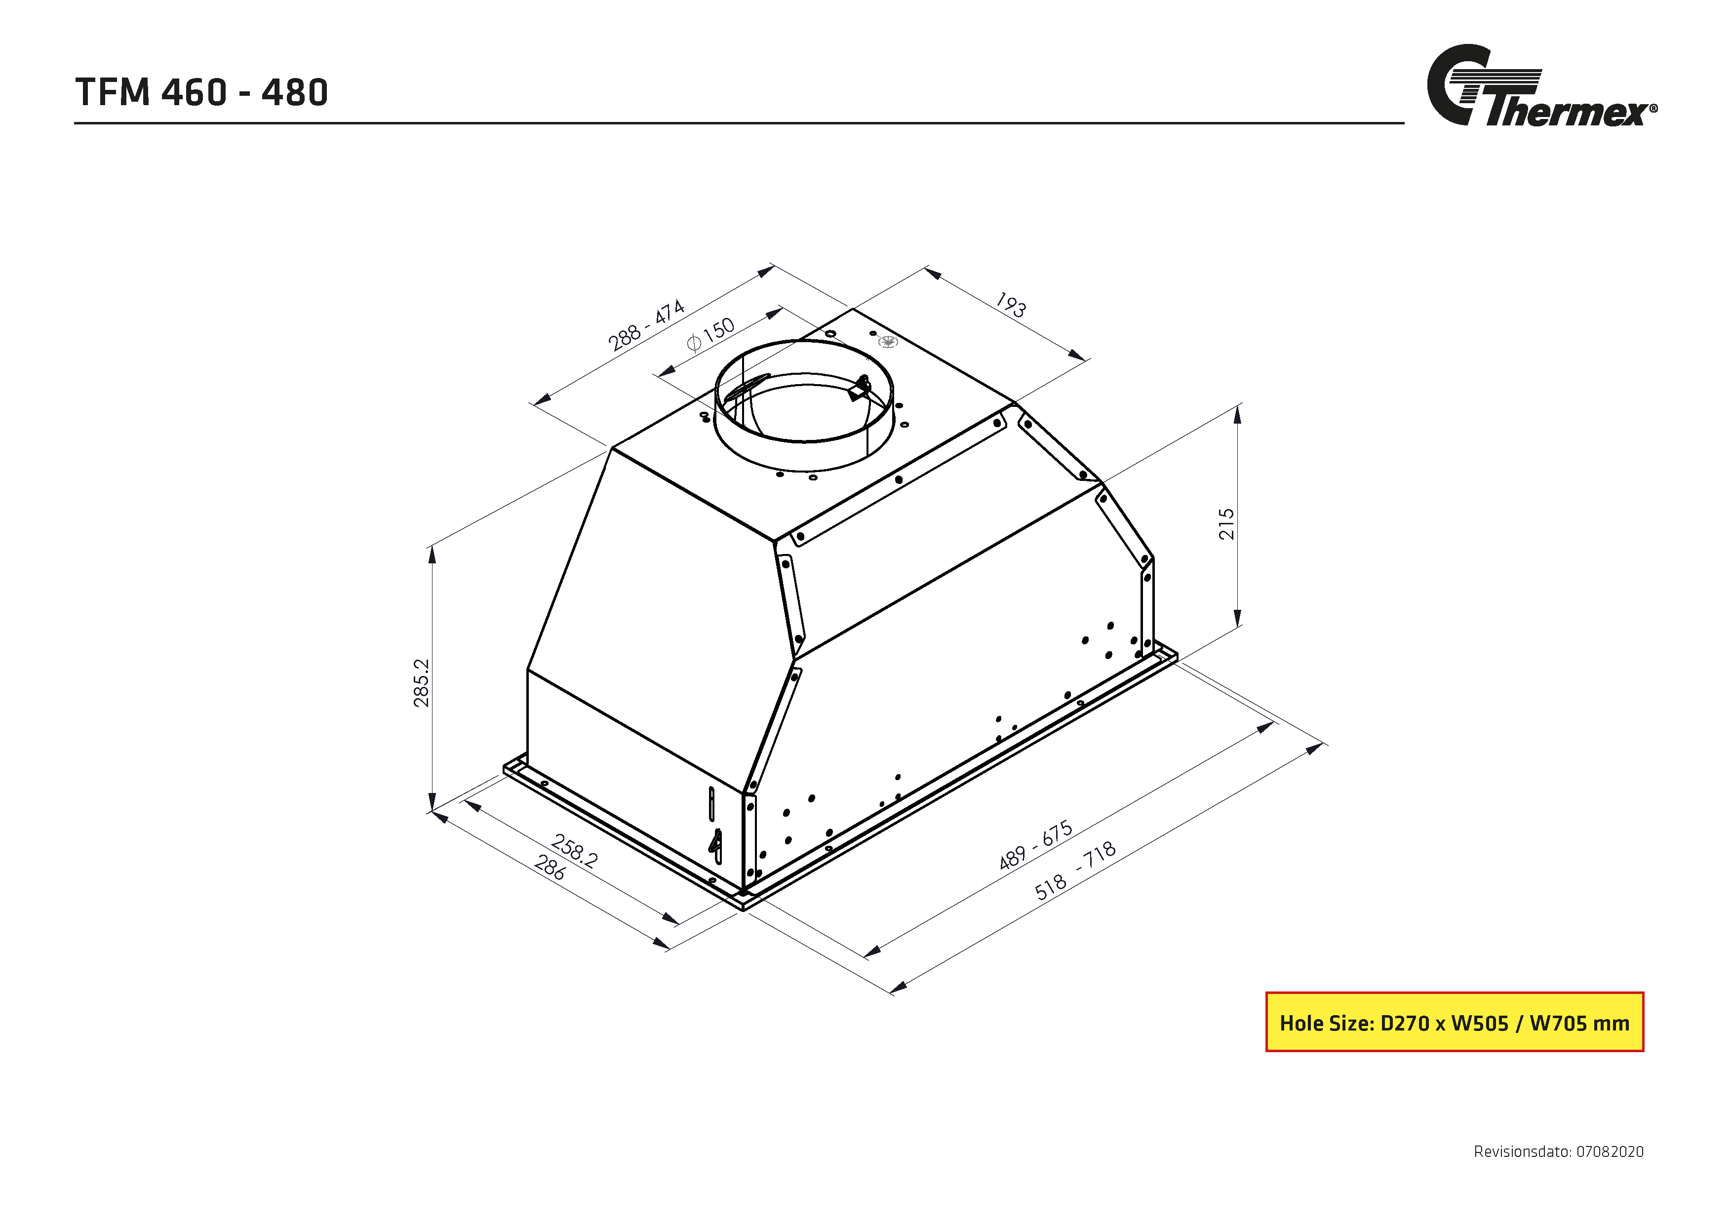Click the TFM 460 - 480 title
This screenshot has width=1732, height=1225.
coord(201,93)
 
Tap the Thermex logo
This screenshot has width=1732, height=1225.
coord(1539,87)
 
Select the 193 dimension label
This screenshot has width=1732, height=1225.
coord(1010,305)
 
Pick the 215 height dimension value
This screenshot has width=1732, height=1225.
coord(1226,523)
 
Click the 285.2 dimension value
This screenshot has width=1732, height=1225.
coord(421,683)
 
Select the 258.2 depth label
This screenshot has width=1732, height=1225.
coord(575,851)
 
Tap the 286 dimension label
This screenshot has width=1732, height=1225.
coord(550,868)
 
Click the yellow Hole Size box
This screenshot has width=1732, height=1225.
coord(1454,1022)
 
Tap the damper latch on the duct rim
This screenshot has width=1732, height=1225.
coord(859,389)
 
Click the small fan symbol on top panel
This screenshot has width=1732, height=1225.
coord(889,342)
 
